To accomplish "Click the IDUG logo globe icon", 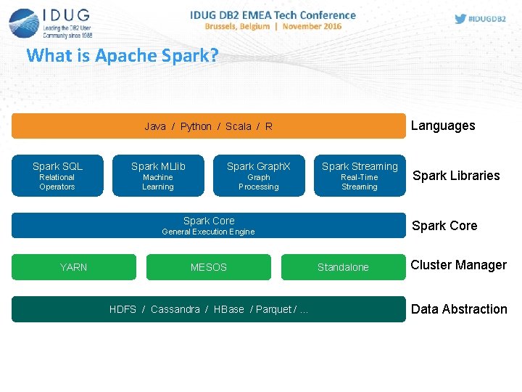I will [x=23, y=23].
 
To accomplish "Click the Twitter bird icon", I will [x=460, y=19].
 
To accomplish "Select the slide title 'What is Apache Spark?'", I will [x=122, y=55].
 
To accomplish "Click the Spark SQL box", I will [x=57, y=176].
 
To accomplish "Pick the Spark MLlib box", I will [x=158, y=176].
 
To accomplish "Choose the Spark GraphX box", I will [x=259, y=176].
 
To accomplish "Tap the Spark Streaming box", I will [x=360, y=176].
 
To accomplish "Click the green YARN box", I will [x=73, y=267].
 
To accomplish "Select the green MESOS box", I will [x=209, y=267].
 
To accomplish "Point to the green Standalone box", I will [x=343, y=267].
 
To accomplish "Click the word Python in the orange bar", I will [x=196, y=126].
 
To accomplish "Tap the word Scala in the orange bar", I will [x=239, y=126].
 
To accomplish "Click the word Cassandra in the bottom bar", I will [x=175, y=309].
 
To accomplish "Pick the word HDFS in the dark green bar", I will [x=123, y=309].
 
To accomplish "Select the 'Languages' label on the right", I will [x=443, y=126].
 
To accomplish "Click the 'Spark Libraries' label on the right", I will [x=456, y=176].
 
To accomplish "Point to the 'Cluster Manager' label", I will [x=458, y=265].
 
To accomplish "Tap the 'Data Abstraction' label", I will [x=459, y=309].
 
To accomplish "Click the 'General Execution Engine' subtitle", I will [x=208, y=232].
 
